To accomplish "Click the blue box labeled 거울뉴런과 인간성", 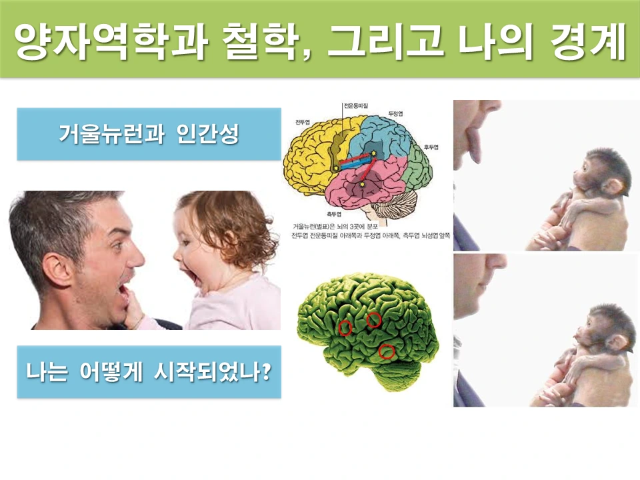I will pyautogui.click(x=148, y=134).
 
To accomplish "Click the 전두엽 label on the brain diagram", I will pyautogui.click(x=301, y=123).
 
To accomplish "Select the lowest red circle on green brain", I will pyautogui.click(x=387, y=351).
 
